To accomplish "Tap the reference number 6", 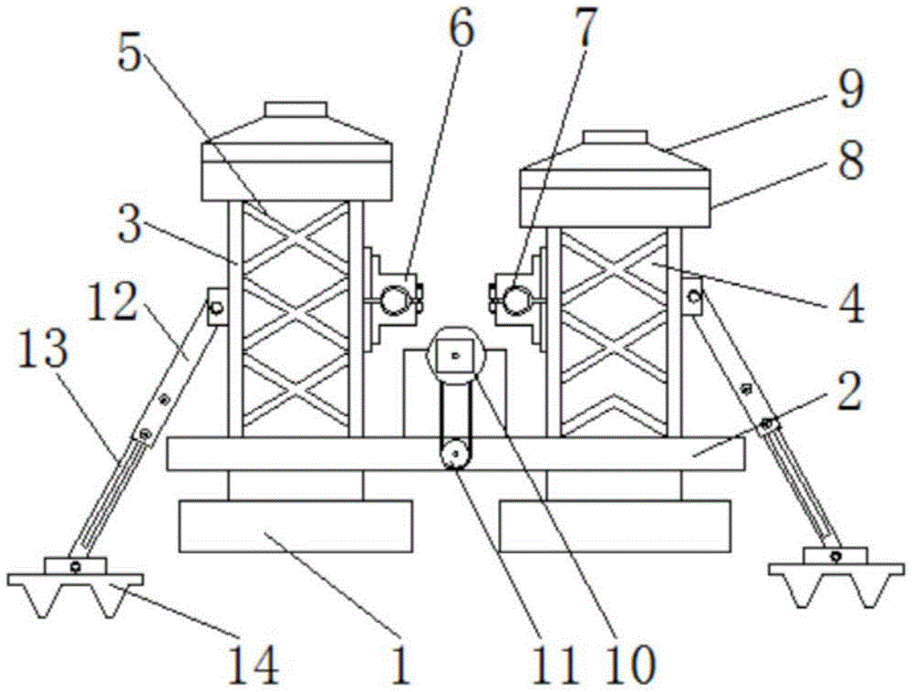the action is [461, 30].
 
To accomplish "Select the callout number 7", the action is [585, 29].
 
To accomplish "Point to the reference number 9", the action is [850, 91].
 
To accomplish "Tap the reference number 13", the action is [42, 353].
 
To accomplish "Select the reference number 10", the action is [630, 666].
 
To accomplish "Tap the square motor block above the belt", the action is [455, 354].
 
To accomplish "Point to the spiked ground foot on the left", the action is [76, 587].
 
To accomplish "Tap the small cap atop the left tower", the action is [295, 110].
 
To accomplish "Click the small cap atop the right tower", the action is [616, 138].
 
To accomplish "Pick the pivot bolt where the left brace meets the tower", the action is [215, 307].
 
